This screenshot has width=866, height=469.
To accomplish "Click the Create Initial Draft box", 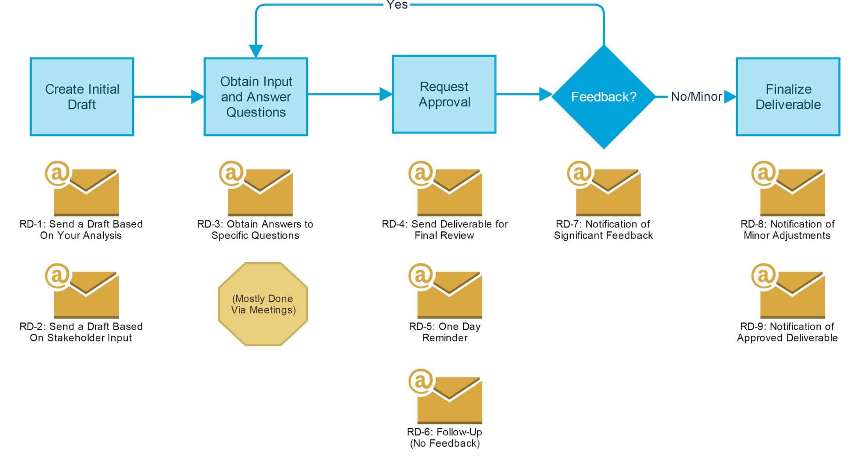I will click(82, 97).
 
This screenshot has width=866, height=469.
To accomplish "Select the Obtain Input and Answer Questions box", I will click(256, 97).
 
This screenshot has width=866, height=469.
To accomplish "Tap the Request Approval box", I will click(444, 94).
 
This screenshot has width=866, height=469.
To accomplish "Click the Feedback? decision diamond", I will click(604, 97).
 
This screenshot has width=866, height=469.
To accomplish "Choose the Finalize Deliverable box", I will click(788, 97).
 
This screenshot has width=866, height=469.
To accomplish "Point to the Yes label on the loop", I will click(397, 5).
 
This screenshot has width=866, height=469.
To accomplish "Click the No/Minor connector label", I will click(696, 97).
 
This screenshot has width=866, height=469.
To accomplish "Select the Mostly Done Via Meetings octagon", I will click(263, 304).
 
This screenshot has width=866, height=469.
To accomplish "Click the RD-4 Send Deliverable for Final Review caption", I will click(445, 230).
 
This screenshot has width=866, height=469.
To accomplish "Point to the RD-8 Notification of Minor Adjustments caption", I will click(787, 230).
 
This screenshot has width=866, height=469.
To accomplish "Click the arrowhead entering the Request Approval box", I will click(386, 94).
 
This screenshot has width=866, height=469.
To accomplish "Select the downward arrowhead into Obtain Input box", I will click(256, 51).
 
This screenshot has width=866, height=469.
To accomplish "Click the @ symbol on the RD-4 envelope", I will click(421, 173).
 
